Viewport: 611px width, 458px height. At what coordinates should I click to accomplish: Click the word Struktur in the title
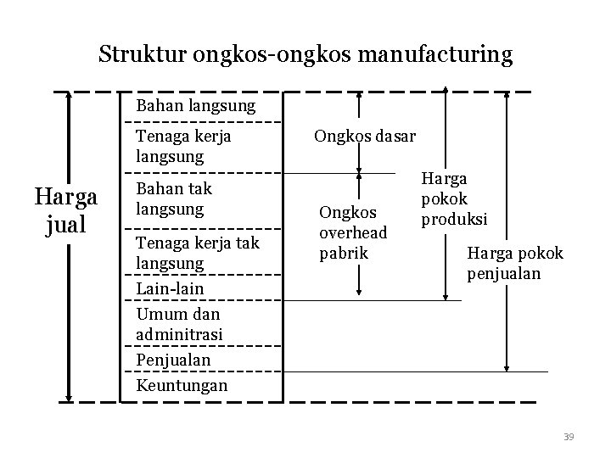pyautogui.click(x=143, y=55)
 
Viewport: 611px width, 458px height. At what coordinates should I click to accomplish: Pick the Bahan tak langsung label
pyautogui.click(x=174, y=198)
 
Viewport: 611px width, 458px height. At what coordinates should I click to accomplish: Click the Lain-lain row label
pyautogui.click(x=170, y=289)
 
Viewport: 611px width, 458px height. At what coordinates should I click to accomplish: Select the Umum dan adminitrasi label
pyautogui.click(x=179, y=323)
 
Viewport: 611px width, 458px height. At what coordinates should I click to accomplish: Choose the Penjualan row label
pyautogui.click(x=173, y=360)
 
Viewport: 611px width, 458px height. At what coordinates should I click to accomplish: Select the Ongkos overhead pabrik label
pyautogui.click(x=354, y=232)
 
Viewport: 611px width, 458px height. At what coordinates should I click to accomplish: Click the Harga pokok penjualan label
pyautogui.click(x=515, y=263)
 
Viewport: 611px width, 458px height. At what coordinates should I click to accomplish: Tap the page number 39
pyautogui.click(x=569, y=436)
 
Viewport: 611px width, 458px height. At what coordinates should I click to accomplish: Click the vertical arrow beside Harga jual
pyautogui.click(x=69, y=246)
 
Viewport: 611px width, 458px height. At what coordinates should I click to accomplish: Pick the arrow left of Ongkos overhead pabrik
pyautogui.click(x=360, y=233)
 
